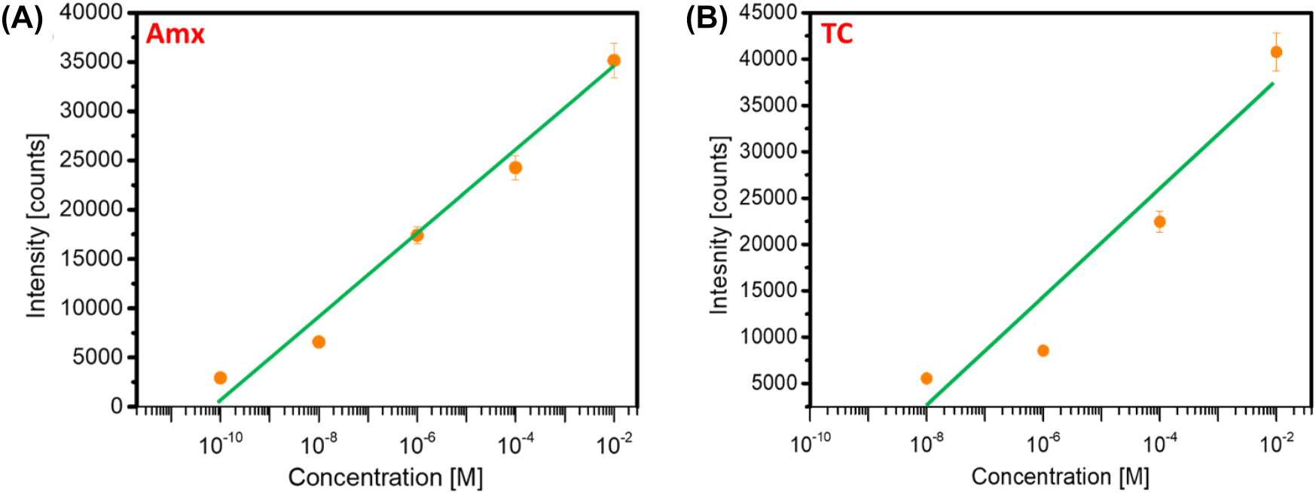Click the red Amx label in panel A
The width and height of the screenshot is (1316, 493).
(x=175, y=34)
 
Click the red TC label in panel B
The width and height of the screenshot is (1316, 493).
(x=836, y=34)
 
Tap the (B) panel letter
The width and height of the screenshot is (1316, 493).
(x=706, y=18)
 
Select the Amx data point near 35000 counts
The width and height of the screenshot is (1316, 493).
(x=614, y=60)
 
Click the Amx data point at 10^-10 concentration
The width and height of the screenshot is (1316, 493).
(x=220, y=378)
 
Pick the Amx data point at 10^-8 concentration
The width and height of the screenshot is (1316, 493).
(x=319, y=342)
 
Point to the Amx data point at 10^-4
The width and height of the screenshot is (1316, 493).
(x=515, y=167)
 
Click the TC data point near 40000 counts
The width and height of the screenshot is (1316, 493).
(x=1276, y=52)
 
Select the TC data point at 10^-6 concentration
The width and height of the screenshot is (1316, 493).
(x=1043, y=351)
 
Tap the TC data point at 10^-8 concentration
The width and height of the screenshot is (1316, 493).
(x=927, y=378)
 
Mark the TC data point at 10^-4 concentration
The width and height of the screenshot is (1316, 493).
(x=1159, y=222)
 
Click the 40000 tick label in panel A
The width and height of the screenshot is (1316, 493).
(x=90, y=12)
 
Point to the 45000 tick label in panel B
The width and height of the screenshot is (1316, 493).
(x=768, y=12)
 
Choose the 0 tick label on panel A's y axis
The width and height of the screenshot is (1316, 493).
(x=116, y=406)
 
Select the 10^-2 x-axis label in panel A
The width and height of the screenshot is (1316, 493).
(x=614, y=446)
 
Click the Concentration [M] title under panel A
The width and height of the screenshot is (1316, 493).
(x=385, y=477)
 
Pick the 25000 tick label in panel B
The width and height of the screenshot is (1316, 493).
(x=768, y=198)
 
